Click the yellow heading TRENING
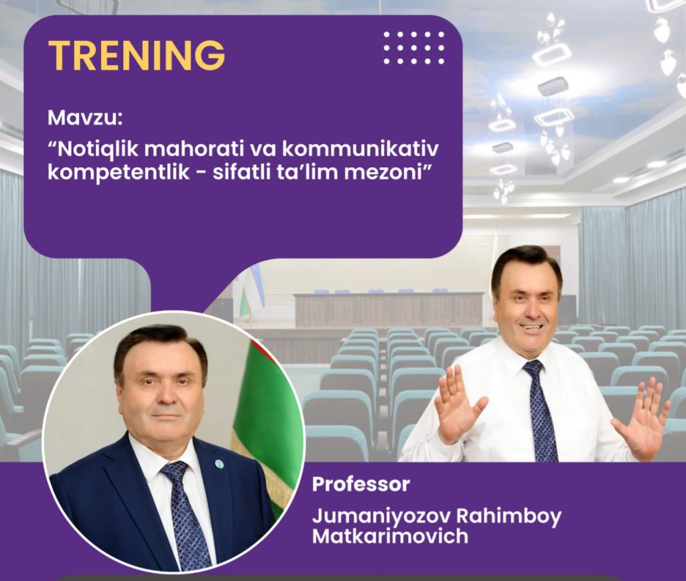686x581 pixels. click(137, 55)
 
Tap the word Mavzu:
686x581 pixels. click(85, 117)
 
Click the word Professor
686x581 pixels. click(360, 484)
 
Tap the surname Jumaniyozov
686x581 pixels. click(381, 517)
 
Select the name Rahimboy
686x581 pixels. click(508, 517)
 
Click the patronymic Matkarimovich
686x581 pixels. click(390, 536)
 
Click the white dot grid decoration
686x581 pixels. click(413, 48)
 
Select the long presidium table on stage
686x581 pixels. click(389, 309)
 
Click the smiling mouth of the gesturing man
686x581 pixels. click(533, 327)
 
